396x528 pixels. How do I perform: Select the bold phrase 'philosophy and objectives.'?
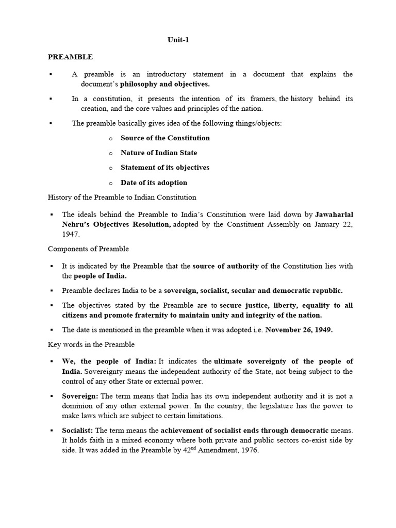pyautogui.click(x=165, y=84)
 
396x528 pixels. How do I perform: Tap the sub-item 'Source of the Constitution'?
pyautogui.click(x=165, y=138)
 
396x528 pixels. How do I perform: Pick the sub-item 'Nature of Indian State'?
pyautogui.click(x=158, y=153)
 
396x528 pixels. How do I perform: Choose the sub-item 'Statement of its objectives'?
pyautogui.click(x=164, y=168)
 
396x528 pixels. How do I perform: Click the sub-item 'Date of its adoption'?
pyautogui.click(x=154, y=183)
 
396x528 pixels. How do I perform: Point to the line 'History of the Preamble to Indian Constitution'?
pyautogui.click(x=122, y=197)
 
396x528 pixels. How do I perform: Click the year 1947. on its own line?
pyautogui.click(x=71, y=234)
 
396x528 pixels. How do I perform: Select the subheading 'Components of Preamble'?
pyautogui.click(x=88, y=249)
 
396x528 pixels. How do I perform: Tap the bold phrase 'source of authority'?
pyautogui.click(x=226, y=266)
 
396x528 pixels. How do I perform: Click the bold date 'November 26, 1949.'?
pyautogui.click(x=299, y=330)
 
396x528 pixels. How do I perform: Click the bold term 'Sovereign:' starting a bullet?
pyautogui.click(x=80, y=396)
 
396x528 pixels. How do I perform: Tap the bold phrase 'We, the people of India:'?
pyautogui.click(x=109, y=361)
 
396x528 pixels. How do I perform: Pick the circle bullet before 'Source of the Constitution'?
pyautogui.click(x=110, y=138)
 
